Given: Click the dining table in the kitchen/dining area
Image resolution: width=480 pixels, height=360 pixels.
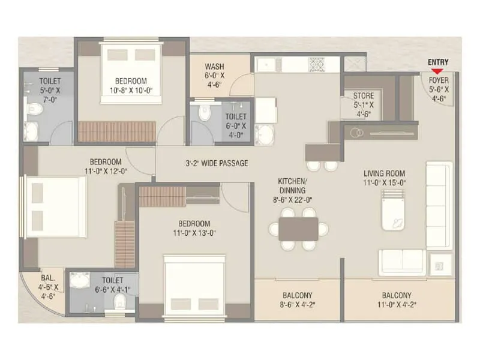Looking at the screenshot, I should click(x=298, y=229).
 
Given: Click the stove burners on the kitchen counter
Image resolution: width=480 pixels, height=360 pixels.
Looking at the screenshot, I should click(x=316, y=63).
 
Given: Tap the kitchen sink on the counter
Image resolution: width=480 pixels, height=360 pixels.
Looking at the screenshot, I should click(x=265, y=63).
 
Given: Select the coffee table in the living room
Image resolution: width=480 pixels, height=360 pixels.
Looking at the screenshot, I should click(x=394, y=214).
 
